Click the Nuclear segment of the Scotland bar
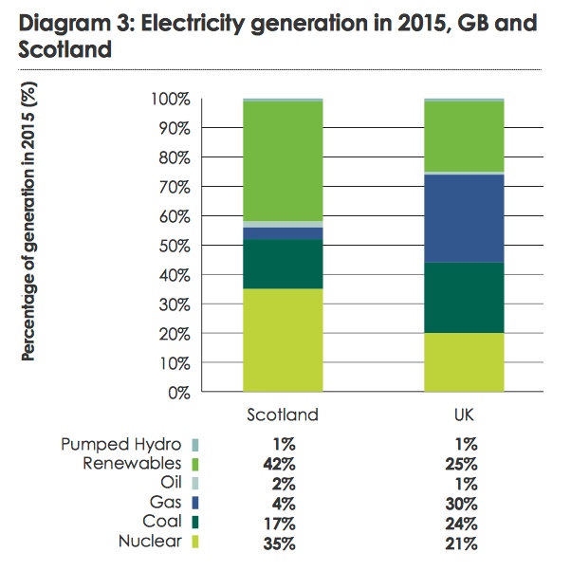point(283,340)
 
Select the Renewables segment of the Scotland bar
point(283,160)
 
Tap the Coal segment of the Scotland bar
point(283,264)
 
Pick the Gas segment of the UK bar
point(464,218)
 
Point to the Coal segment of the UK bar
point(464,297)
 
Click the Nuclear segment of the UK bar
point(464,361)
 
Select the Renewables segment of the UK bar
point(464,136)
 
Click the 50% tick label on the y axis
point(172,246)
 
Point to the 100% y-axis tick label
point(169,99)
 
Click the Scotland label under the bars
point(282,414)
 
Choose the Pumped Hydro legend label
point(123,443)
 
